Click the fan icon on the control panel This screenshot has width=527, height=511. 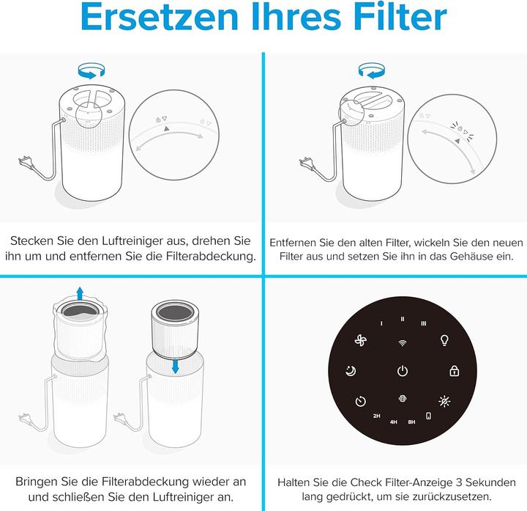(361, 341)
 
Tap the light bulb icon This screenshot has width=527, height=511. (443, 340)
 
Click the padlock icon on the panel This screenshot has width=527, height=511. (454, 371)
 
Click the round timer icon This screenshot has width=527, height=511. (359, 401)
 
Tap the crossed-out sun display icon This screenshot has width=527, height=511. (444, 401)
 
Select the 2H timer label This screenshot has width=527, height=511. (376, 416)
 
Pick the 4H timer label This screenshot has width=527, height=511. (393, 422)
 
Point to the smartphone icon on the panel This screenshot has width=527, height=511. (428, 416)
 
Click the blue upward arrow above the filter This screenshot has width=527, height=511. (80, 293)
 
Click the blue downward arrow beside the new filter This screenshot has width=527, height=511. (175, 364)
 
